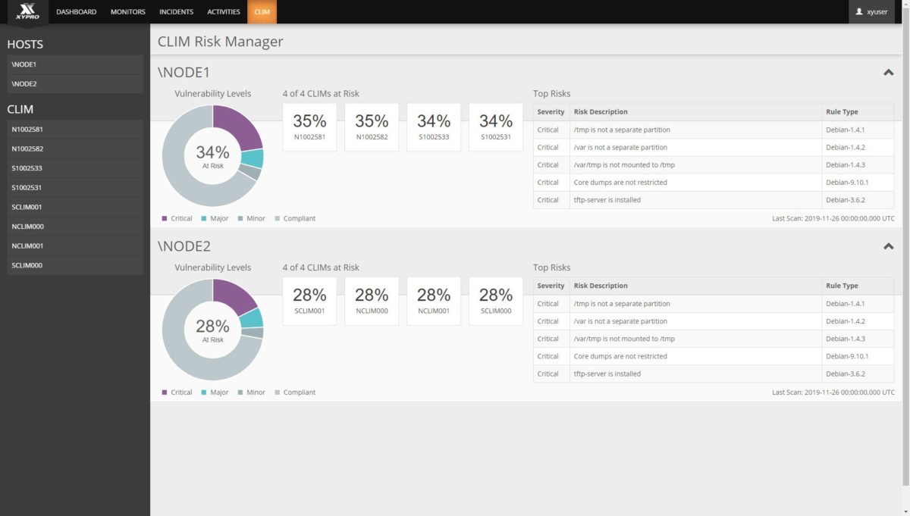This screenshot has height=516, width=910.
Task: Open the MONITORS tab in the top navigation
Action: coord(127,12)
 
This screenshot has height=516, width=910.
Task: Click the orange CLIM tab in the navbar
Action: coord(262,12)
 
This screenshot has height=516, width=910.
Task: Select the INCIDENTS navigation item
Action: coord(176,12)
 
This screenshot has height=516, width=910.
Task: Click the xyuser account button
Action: coord(871,12)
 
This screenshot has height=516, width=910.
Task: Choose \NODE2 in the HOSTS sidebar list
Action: coord(75,84)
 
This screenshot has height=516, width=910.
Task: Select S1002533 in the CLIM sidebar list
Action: coord(75,168)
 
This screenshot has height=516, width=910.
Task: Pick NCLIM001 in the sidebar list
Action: coord(75,246)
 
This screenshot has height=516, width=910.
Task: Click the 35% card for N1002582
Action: coord(372,127)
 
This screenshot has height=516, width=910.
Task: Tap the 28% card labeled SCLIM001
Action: coord(309,301)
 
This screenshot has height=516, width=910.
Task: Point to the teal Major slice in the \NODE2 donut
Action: coord(253,317)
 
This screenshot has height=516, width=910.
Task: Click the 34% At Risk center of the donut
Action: coord(212,156)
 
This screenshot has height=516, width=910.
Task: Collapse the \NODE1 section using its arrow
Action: coord(889,73)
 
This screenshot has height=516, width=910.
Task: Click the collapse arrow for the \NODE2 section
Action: coord(889,246)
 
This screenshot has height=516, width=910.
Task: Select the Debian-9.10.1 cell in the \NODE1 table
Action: coord(847,183)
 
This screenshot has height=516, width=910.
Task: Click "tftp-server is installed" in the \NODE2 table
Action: coord(607,374)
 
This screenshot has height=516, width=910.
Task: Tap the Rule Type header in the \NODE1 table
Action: coord(842,112)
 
